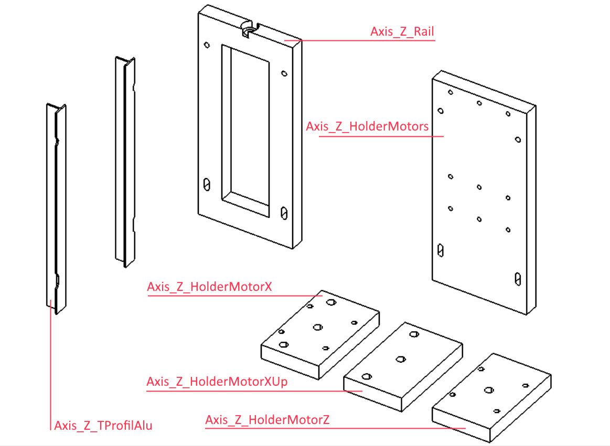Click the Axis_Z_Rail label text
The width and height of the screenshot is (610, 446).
coord(402,31)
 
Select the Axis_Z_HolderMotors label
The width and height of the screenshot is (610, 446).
coord(367,126)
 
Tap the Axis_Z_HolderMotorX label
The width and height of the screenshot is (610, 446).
coord(209,287)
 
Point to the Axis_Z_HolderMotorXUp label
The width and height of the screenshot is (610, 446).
coord(217,382)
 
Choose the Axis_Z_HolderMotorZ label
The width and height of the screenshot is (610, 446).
coord(267,420)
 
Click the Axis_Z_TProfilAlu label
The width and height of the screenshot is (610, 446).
coord(103,426)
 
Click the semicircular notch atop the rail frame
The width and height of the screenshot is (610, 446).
coord(249,29)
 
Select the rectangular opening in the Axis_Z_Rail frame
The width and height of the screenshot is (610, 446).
coord(245,130)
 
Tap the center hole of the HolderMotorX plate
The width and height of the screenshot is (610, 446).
coord(318,327)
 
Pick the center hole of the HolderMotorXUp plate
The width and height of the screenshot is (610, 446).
coord(401,359)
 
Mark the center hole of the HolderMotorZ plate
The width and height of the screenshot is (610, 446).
coord(489,389)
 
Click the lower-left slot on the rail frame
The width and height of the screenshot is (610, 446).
coord(207,184)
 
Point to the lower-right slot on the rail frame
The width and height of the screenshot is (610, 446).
coord(284,213)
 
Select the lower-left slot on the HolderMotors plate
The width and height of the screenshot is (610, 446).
coord(441,251)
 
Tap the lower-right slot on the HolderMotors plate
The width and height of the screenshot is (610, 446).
coord(518,279)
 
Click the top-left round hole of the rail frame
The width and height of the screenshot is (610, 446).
coord(207,45)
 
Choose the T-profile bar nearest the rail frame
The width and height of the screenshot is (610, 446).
coord(125,162)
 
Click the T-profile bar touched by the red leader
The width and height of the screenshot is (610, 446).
coord(57,209)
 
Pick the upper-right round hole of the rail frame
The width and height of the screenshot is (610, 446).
coord(284,73)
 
